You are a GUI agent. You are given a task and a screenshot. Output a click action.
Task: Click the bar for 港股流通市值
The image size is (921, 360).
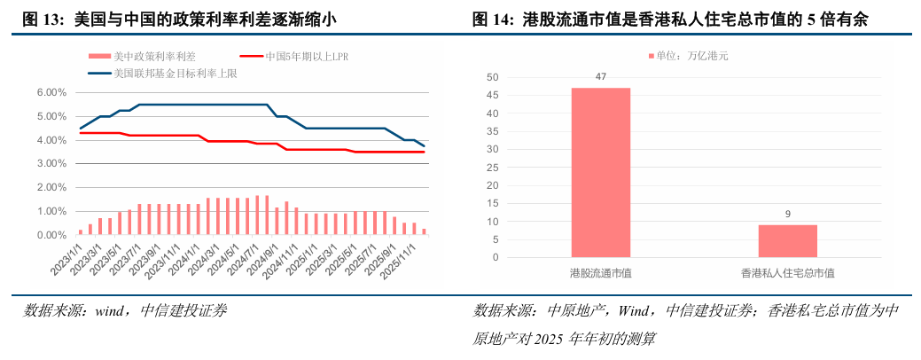pos(600,173)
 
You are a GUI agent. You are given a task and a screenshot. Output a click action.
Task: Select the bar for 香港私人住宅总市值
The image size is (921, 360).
pos(787,241)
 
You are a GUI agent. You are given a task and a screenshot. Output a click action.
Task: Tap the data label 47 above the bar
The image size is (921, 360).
pos(600,77)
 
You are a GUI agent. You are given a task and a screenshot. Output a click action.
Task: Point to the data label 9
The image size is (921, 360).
pos(787,215)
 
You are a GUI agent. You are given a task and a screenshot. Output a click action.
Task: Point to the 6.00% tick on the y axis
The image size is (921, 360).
pos(52,92)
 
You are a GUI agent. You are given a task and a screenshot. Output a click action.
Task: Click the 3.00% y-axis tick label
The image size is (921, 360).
pos(52,164)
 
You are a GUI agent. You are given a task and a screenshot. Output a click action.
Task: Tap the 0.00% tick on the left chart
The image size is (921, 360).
pos(52,236)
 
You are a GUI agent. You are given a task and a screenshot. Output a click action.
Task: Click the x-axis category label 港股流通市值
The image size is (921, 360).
pos(600,273)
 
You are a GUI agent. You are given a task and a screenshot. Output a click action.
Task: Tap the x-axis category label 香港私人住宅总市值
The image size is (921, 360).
pos(787,273)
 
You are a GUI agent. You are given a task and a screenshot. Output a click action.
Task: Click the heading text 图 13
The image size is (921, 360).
pos(39,19)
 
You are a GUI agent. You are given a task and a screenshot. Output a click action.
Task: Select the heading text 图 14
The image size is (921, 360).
pos(491,19)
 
